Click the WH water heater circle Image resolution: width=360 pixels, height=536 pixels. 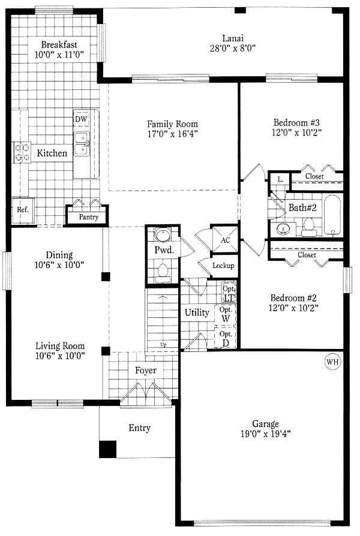tap(332, 362)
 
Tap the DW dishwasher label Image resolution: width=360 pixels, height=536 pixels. tap(81, 119)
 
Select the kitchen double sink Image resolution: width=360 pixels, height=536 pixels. tap(82, 144)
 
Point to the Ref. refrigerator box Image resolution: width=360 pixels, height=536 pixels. tap(23, 210)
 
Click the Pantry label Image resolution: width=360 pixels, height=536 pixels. tap(89, 217)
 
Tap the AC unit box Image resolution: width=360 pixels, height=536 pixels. tap(225, 239)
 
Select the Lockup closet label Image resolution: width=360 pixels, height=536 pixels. tap(223, 266)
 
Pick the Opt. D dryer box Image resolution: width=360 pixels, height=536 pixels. tap(226, 338)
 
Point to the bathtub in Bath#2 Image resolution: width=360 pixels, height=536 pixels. tap(332, 215)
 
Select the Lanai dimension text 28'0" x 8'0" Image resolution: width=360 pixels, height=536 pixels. tap(233, 48)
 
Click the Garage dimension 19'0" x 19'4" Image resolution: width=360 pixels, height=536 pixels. tap(266, 434)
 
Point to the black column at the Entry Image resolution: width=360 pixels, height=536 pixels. tap(108, 449)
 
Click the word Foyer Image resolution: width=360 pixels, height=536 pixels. tap(146, 370)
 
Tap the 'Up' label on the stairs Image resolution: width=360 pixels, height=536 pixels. tap(164, 345)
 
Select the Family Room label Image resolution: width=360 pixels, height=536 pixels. tap(172, 124)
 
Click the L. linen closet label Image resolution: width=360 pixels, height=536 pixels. tap(281, 179)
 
